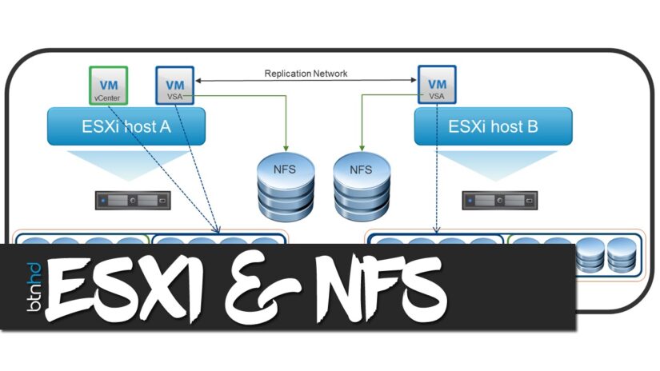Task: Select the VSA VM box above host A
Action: point(174,85)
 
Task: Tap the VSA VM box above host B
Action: point(436,85)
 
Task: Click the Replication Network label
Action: point(306,74)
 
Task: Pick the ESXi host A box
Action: point(126,127)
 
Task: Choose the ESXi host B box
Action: point(493,127)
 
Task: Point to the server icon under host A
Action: point(133,199)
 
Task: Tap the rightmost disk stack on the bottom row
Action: point(620,253)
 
